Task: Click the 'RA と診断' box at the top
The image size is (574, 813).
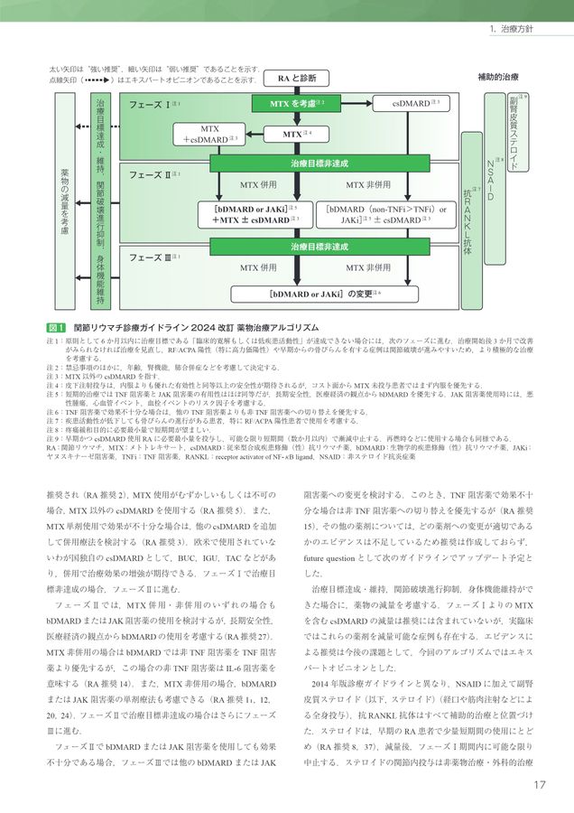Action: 296,78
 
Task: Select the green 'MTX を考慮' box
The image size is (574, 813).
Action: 296,104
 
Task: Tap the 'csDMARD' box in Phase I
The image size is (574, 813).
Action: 411,104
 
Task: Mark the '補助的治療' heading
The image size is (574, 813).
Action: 497,78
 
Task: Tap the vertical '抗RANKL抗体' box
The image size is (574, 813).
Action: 469,217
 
